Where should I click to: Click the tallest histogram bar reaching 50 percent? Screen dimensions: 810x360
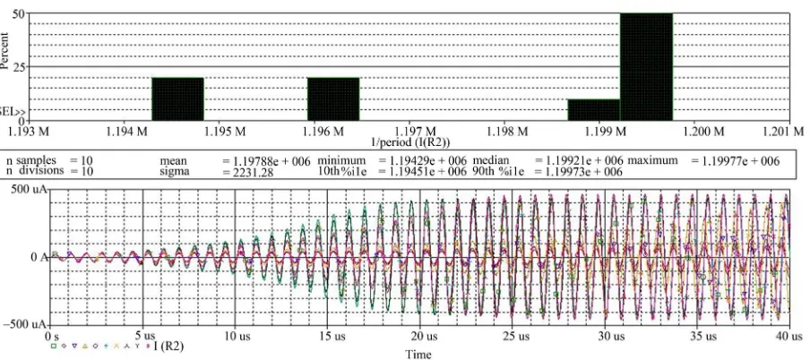pos(646,66)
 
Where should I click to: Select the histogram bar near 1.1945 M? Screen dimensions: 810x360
pos(177,99)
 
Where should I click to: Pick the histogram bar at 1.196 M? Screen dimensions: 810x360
pos(333,99)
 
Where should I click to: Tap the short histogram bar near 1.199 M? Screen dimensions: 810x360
pos(594,109)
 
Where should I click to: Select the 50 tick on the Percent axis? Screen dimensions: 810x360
pos(18,14)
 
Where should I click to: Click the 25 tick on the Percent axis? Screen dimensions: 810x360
pos(18,67)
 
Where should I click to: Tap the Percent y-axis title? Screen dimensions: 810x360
pos(4,51)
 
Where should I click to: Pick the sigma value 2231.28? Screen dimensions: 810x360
pos(247,172)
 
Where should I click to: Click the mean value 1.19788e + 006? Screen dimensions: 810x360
pos(266,161)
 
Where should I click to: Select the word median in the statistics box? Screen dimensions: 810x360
pos(491,160)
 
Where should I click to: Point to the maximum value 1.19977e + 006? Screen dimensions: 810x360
pos(735,161)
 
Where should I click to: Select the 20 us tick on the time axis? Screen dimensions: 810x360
pos(419,337)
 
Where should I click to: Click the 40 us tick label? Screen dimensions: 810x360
pos(789,337)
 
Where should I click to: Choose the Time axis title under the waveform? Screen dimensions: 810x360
pos(418,355)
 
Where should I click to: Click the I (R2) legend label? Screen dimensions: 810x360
pos(168,346)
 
